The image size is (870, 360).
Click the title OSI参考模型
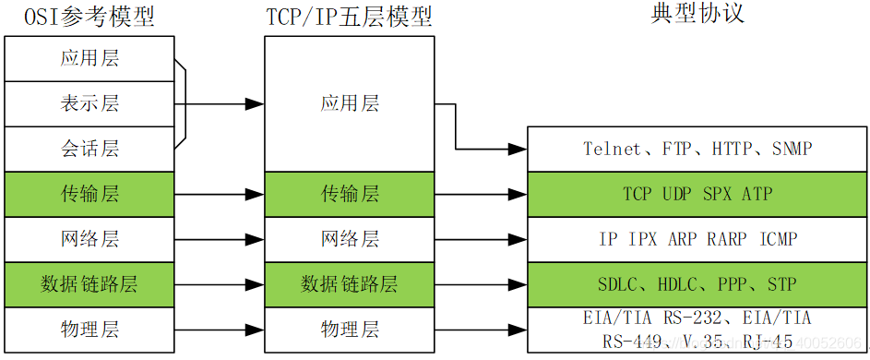[x=89, y=17]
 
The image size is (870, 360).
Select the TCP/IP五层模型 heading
[x=350, y=17]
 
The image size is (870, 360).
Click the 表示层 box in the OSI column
[x=89, y=103]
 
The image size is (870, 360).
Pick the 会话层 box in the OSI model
[x=89, y=149]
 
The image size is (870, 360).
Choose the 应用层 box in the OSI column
[x=89, y=59]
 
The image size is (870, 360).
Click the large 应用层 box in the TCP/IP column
[x=350, y=103]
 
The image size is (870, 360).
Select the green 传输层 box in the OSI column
[x=89, y=194]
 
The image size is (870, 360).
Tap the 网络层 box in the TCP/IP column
[x=350, y=239]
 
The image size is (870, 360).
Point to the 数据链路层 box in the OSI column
[x=89, y=283]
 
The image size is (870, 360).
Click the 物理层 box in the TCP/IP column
[x=350, y=329]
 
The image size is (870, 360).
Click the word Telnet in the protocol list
[x=611, y=149]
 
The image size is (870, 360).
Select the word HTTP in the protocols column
[x=732, y=149]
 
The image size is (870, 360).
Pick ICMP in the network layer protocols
[x=778, y=239]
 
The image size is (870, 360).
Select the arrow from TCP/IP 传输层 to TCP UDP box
[x=480, y=195]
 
